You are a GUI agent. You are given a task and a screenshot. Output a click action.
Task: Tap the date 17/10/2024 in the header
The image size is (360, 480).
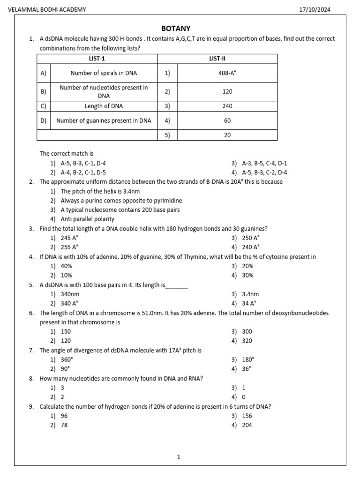pos(314,10)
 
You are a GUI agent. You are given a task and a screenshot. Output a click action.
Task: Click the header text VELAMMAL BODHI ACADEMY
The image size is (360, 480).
pos(47,10)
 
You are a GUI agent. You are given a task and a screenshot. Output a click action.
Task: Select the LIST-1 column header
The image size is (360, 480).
pos(97,59)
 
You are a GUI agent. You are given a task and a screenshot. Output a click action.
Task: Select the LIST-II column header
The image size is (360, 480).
pos(217,59)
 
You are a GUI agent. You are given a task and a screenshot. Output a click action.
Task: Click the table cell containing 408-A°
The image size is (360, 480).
pos(227,73)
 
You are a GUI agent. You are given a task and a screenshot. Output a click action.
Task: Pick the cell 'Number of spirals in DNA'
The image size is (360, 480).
pos(104,73)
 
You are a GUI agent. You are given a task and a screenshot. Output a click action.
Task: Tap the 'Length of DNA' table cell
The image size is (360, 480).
pos(104,106)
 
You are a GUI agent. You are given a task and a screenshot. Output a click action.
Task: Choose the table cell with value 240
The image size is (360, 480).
pos(227,106)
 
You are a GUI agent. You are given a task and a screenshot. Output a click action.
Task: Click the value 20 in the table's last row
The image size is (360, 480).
pos(227,135)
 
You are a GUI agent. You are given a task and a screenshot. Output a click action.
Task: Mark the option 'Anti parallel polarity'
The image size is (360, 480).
pos(87,219)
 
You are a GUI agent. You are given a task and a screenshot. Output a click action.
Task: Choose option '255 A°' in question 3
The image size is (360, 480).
pos(69,247)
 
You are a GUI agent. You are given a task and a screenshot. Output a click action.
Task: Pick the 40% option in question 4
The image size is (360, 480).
pos(66,266)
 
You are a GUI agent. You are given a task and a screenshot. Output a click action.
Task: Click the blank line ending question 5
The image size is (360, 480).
pos(177,285)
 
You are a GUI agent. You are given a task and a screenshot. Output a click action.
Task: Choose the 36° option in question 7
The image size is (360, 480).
pos(247,369)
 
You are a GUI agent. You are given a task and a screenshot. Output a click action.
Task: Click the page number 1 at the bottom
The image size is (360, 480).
pos(179,457)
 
